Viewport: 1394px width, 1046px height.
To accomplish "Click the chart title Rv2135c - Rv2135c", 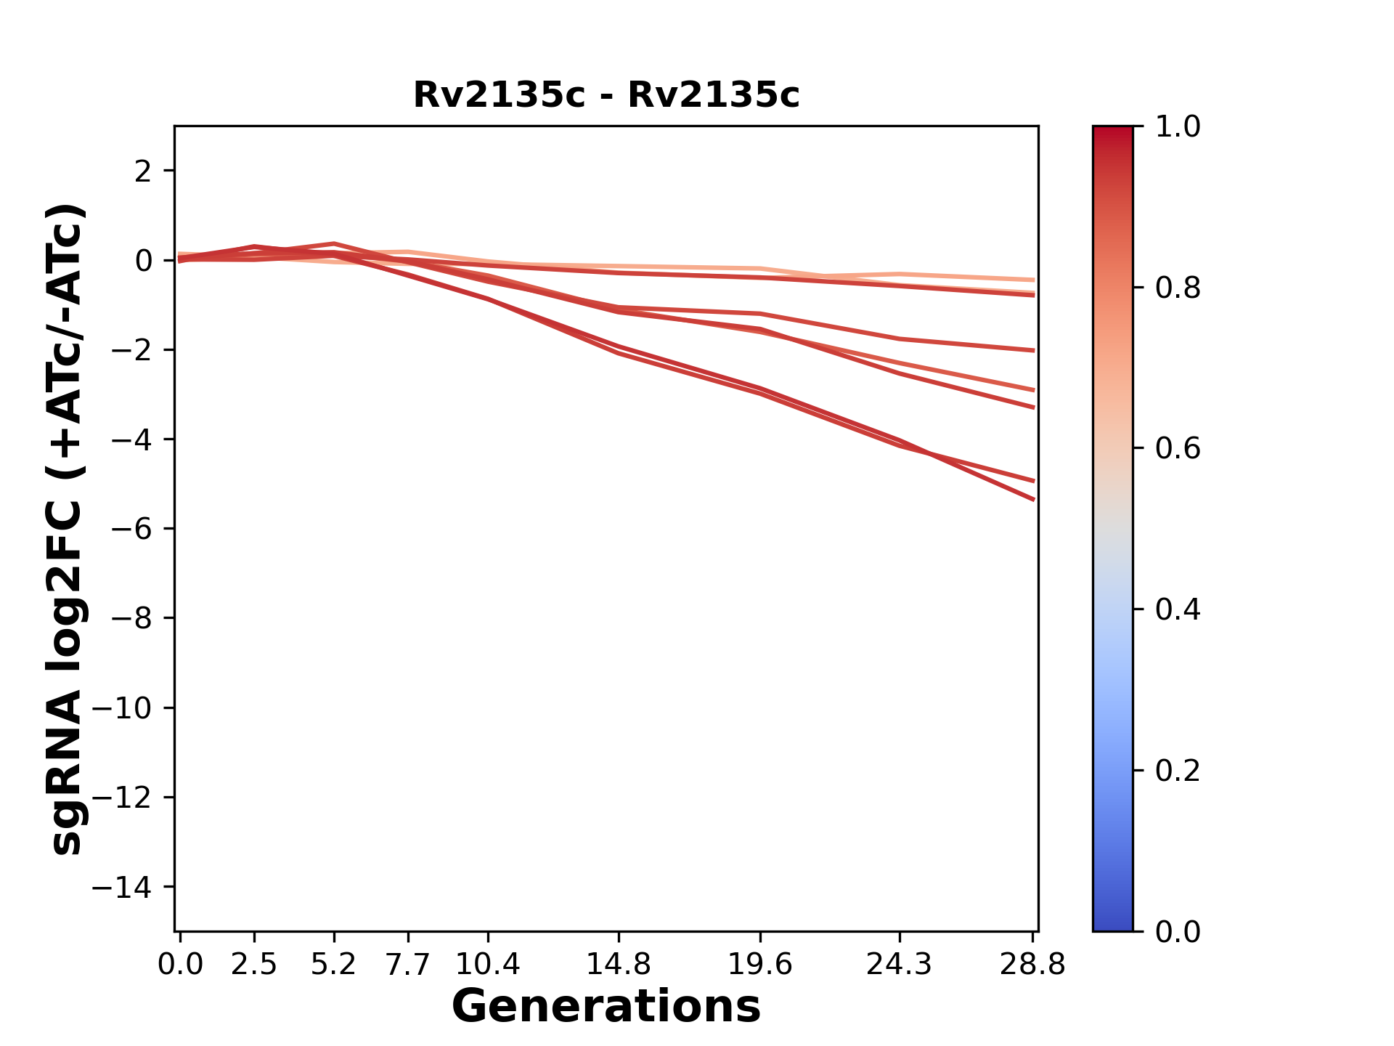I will coord(606,95).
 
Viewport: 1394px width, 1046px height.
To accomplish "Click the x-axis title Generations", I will coord(606,1007).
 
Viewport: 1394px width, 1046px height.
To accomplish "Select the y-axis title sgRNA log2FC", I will coord(67,529).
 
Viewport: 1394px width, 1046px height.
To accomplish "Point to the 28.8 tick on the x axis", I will coord(1032,965).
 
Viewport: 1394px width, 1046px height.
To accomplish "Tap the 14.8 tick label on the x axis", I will coord(618,965).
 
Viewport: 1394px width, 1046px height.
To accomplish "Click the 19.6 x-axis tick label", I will coord(759,965).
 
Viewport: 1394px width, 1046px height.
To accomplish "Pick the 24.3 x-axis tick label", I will coord(900,965).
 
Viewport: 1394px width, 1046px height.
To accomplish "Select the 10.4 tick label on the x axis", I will coord(487,965).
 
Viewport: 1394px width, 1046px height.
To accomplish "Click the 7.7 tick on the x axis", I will coord(408,965).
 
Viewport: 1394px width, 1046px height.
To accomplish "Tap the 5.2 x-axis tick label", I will coord(333,965).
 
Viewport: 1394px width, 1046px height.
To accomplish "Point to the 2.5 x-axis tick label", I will coord(254,965).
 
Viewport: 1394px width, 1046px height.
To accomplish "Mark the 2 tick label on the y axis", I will coord(143,171).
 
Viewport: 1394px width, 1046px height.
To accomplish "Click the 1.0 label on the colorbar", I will coord(1178,127).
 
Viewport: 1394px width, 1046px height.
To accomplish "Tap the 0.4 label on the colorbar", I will coord(1178,609).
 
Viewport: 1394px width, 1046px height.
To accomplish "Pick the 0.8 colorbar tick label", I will coord(1178,288).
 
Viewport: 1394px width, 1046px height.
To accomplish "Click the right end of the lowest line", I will coord(1033,500).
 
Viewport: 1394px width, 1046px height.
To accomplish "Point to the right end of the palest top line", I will coord(1033,280).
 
